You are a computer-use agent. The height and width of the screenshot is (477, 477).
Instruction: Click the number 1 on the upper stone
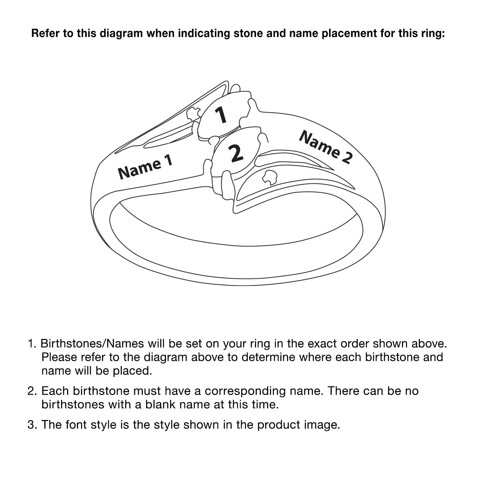pos(221,115)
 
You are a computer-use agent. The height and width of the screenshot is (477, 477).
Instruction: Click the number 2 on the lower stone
pos(236,153)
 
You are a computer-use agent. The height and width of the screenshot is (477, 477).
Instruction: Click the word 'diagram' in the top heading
pos(121,33)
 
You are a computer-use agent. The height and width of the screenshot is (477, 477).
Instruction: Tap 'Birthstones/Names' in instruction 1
pos(93,344)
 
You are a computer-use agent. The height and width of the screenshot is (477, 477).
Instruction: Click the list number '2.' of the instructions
pos(32,391)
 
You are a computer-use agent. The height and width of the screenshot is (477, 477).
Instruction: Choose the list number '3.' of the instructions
pos(32,425)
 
